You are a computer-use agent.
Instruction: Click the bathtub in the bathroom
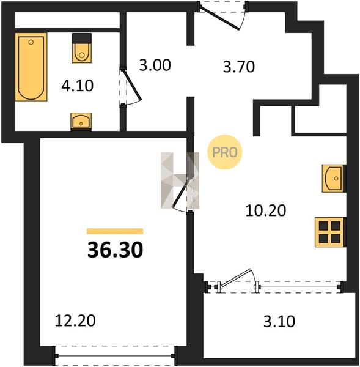(x=31, y=67)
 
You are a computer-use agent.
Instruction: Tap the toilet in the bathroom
(x=82, y=48)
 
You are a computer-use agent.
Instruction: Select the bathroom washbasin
(x=81, y=121)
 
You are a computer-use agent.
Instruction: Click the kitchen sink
(x=333, y=179)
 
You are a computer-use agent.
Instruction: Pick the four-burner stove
(x=330, y=232)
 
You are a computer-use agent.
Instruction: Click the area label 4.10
(x=78, y=86)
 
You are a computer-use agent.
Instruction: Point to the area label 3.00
(x=155, y=65)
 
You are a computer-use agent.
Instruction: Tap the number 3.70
(x=239, y=67)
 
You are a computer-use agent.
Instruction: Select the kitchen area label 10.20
(x=266, y=210)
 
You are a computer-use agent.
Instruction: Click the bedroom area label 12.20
(x=75, y=321)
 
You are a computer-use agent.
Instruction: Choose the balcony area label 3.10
(x=279, y=321)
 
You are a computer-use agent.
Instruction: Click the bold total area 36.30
(x=115, y=250)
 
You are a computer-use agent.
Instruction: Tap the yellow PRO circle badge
(x=224, y=152)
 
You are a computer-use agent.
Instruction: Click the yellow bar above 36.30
(x=115, y=231)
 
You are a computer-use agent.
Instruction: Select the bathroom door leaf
(x=132, y=85)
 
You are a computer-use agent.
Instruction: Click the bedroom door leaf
(x=182, y=193)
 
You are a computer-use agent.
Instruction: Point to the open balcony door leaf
(x=237, y=278)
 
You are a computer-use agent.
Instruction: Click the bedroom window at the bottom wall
(x=115, y=356)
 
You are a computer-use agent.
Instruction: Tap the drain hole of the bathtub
(x=31, y=42)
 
